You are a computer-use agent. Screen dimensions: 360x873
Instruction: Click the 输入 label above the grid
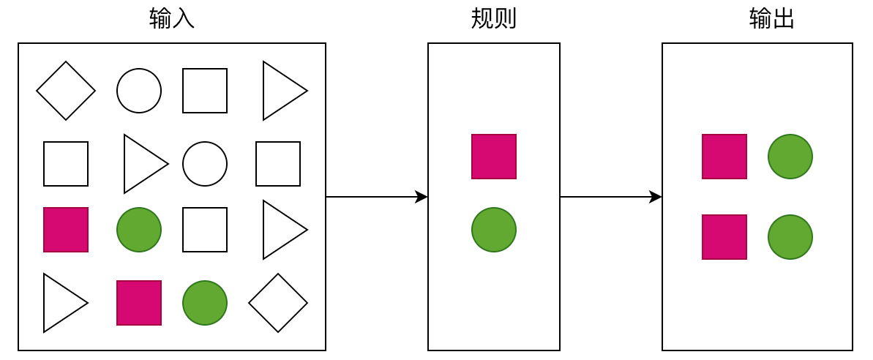tap(171, 18)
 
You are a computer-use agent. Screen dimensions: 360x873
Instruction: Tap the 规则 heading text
tap(493, 18)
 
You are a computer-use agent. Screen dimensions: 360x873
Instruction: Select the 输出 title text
tap(771, 18)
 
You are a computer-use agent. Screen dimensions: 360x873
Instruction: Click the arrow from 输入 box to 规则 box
tap(376, 197)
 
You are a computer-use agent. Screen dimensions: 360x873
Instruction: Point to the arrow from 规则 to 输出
tap(610, 197)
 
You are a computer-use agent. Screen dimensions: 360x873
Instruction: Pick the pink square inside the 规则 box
tap(494, 157)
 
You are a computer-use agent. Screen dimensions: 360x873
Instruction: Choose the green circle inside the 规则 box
tap(494, 230)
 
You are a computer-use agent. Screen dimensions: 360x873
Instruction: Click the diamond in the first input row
tap(66, 91)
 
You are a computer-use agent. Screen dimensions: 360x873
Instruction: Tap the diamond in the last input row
tap(278, 303)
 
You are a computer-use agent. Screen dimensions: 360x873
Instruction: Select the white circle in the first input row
tap(139, 91)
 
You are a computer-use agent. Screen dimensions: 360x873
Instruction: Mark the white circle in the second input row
tap(205, 164)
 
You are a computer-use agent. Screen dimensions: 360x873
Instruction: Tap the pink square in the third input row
tap(66, 230)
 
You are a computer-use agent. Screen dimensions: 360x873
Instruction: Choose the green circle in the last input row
tap(205, 303)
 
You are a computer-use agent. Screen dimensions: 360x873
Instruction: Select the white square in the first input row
tap(205, 91)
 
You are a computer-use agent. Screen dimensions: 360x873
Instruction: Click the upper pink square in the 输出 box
tap(724, 157)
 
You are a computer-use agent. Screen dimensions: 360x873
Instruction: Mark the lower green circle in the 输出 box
tap(790, 237)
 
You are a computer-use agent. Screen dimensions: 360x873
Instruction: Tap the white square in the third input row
tap(205, 230)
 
